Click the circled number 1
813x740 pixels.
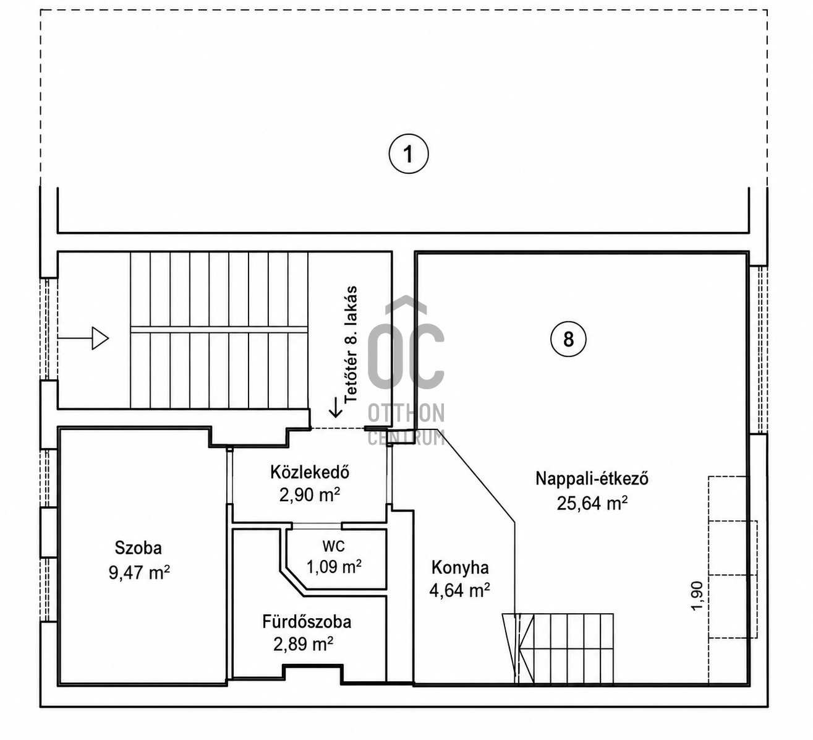(409, 154)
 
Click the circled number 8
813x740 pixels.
(568, 339)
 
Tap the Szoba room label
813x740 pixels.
(138, 548)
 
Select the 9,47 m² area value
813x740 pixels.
(139, 573)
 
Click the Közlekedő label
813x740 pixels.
(310, 472)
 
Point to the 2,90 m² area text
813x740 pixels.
(310, 495)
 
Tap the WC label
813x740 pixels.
(334, 546)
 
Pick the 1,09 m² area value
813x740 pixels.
(334, 567)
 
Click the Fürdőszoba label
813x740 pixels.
(307, 622)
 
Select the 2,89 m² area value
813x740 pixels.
(304, 644)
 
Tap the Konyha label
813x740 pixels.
(460, 567)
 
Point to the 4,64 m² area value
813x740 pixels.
(459, 590)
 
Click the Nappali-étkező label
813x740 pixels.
(592, 479)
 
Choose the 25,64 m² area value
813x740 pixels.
(592, 503)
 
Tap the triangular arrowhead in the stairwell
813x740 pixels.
(100, 338)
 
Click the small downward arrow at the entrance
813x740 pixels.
(336, 407)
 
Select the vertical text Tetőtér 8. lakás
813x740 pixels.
(351, 345)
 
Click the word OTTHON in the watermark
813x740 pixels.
(406, 413)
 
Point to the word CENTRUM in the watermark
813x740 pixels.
(406, 437)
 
